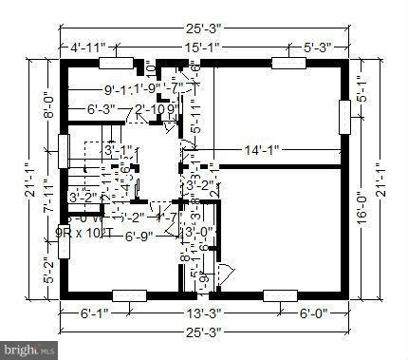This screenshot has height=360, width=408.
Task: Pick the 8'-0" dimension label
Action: pyautogui.click(x=45, y=99)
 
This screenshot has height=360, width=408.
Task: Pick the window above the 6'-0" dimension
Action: pyautogui.click(x=278, y=294)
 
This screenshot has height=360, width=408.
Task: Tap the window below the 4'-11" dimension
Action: pyautogui.click(x=116, y=64)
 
